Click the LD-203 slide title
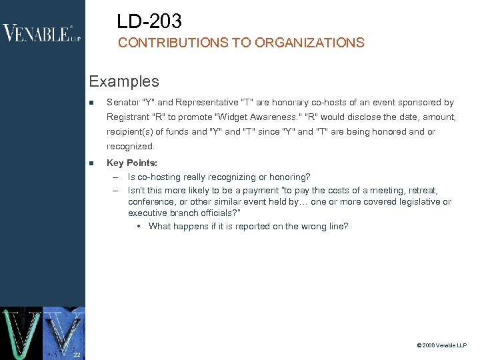pyautogui.click(x=149, y=22)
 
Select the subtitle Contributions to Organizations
pyautogui.click(x=241, y=43)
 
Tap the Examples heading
pyautogui.click(x=124, y=82)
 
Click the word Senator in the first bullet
pyautogui.click(x=123, y=103)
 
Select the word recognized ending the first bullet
pyautogui.click(x=130, y=146)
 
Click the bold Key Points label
pyautogui.click(x=132, y=163)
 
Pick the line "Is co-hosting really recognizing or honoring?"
pyautogui.click(x=219, y=177)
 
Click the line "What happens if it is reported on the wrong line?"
pyautogui.click(x=248, y=226)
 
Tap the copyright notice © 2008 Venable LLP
pyautogui.click(x=441, y=345)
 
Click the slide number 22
pyautogui.click(x=77, y=354)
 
